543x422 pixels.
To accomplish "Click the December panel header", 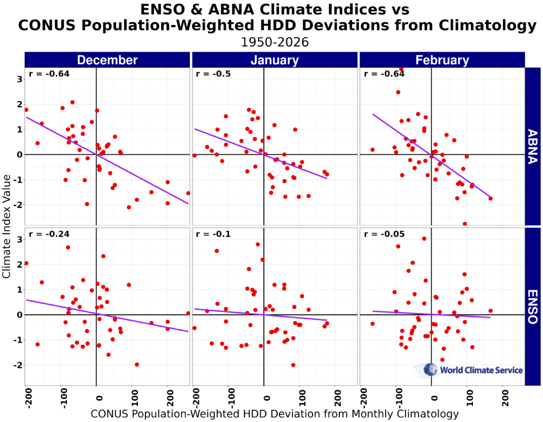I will point(108,60).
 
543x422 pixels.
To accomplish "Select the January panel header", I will point(275,60).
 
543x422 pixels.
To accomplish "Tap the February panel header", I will point(442,60).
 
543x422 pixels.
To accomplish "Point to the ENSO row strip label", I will point(532,306).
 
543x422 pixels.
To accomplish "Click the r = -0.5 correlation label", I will point(210,74).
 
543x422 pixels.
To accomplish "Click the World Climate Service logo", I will point(469,370).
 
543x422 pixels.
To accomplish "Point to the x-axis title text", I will point(275,414).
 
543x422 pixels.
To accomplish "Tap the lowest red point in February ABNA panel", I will point(465,224).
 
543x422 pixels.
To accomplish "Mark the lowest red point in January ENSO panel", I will point(293,365).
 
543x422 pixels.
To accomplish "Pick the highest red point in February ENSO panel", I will point(424,239).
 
